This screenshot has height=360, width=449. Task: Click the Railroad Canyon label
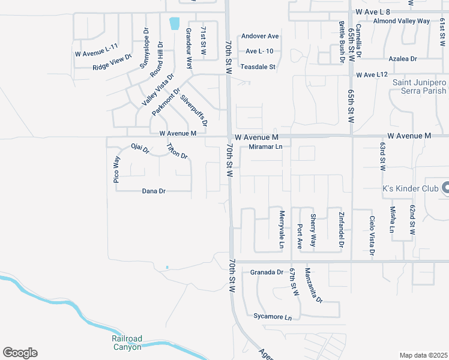(x=127, y=343)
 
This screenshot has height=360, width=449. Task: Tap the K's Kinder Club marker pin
(x=445, y=188)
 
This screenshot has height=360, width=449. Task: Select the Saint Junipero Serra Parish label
(x=420, y=86)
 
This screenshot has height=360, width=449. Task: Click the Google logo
(x=20, y=353)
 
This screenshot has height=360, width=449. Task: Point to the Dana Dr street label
(x=153, y=191)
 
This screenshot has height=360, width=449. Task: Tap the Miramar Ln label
(x=265, y=146)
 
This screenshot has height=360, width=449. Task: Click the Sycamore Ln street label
(x=272, y=316)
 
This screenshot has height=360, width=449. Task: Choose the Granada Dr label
(x=267, y=272)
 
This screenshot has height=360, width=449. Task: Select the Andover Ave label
(x=260, y=36)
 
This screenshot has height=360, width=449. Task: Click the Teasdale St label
(x=258, y=67)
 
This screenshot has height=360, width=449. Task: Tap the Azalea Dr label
(x=403, y=59)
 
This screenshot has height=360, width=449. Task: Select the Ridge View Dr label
(x=112, y=62)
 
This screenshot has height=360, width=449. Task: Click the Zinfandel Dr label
(x=341, y=229)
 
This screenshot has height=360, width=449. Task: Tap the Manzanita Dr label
(x=313, y=285)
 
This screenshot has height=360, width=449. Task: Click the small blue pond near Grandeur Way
(x=175, y=23)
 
